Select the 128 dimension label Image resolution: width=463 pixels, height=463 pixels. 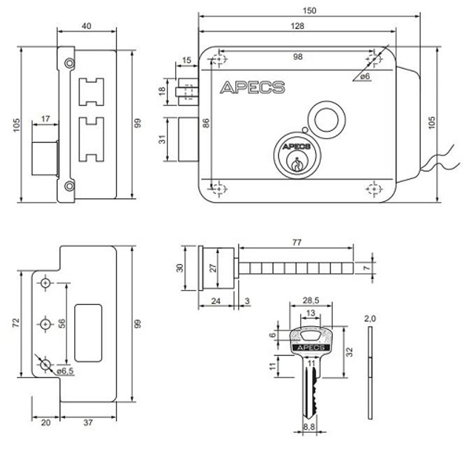pyautogui.click(x=298, y=26)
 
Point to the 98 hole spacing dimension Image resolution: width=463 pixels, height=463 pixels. pyautogui.click(x=298, y=56)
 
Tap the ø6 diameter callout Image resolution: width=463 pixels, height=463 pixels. pyautogui.click(x=365, y=76)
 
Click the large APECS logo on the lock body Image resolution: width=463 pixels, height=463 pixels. pyautogui.click(x=252, y=88)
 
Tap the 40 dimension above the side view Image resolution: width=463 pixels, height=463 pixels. pyautogui.click(x=86, y=26)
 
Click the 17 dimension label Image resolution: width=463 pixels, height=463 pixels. pyautogui.click(x=45, y=119)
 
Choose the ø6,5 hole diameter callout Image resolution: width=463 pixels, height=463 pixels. pyautogui.click(x=65, y=371)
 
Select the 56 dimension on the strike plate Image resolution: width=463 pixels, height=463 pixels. pyautogui.click(x=61, y=323)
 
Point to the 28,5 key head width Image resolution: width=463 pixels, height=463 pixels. pyautogui.click(x=311, y=300)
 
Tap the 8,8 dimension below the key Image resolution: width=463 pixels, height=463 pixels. pyautogui.click(x=309, y=427)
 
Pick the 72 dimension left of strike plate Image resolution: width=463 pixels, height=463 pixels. pyautogui.click(x=15, y=323)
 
